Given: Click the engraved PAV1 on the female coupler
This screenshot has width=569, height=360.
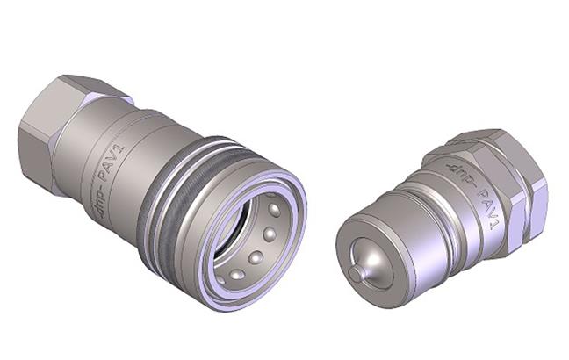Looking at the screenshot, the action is [112, 164].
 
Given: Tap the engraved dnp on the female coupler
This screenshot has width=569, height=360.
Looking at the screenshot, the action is [97, 205].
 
